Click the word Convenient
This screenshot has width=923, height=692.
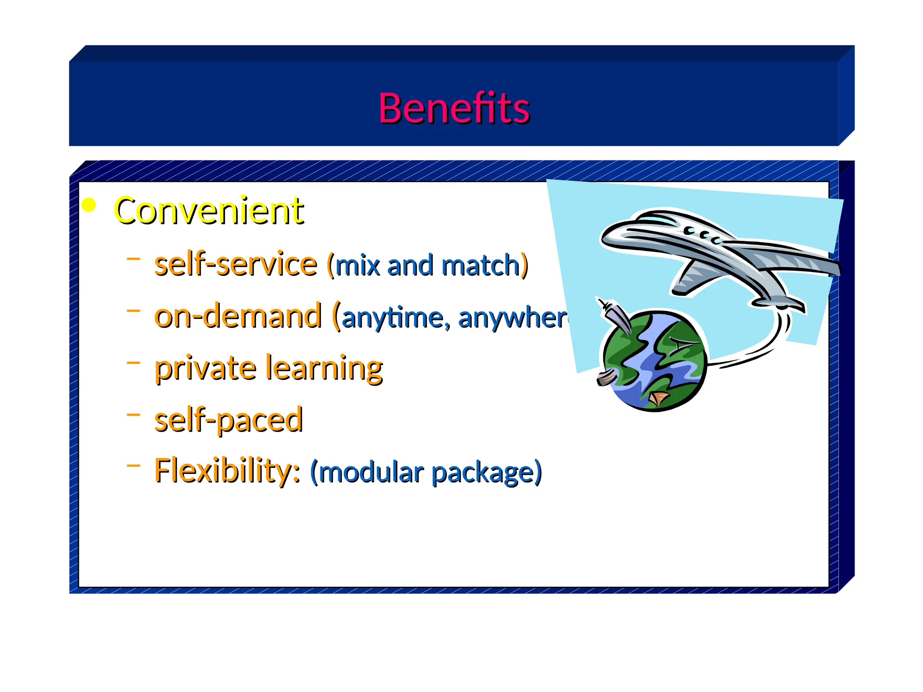coord(209,210)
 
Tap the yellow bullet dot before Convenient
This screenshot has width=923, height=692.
coord(90,205)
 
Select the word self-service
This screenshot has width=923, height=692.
coord(236,264)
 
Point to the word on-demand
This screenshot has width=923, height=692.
coord(238,316)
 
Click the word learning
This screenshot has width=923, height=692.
coord(324,369)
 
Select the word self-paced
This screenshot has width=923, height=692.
coord(228,420)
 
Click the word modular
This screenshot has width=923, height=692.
coord(371,473)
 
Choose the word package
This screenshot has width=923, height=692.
coord(483,473)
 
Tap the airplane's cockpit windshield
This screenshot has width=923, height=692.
coord(656,220)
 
